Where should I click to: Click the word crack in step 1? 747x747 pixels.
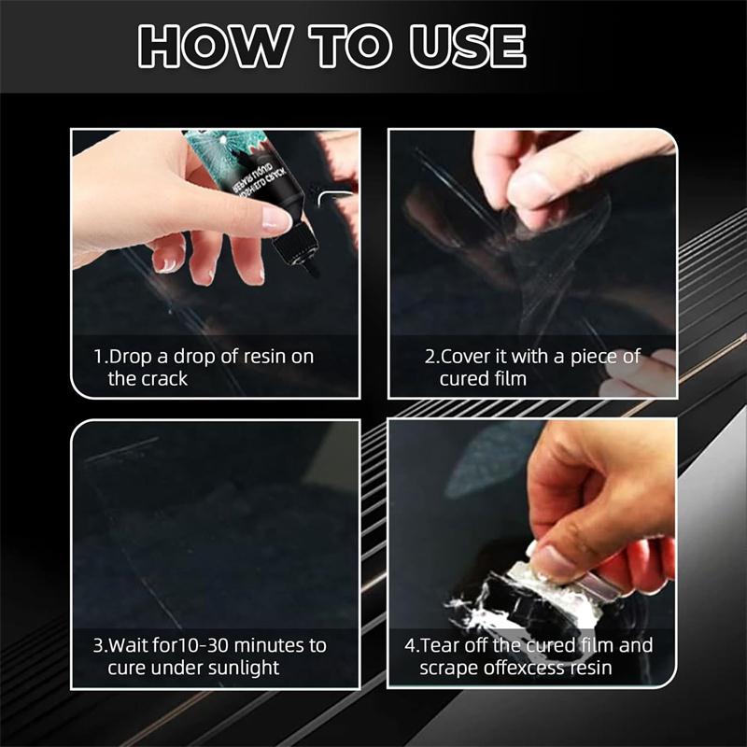coord(163,378)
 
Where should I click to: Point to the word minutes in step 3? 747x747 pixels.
coord(275,646)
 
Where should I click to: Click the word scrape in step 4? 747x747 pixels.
coord(446,668)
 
